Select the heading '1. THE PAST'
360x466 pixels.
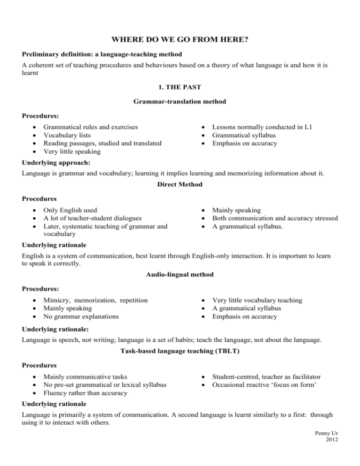tap(180, 86)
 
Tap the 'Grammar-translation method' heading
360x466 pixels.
tap(180, 100)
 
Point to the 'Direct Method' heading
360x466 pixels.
tap(180, 185)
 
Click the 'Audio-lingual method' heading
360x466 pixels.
tap(180, 273)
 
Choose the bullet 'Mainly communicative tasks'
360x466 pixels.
tap(86, 376)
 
